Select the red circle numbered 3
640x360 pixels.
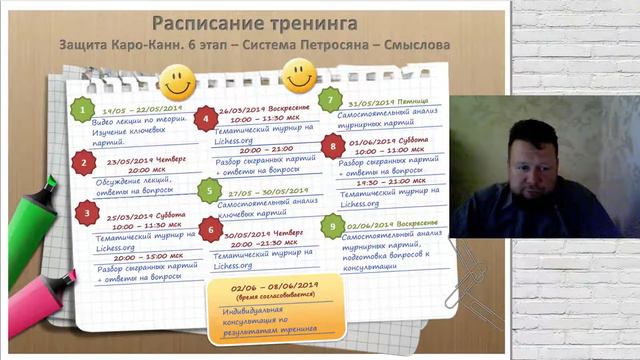(x=87, y=212)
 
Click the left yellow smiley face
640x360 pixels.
(x=177, y=78)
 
